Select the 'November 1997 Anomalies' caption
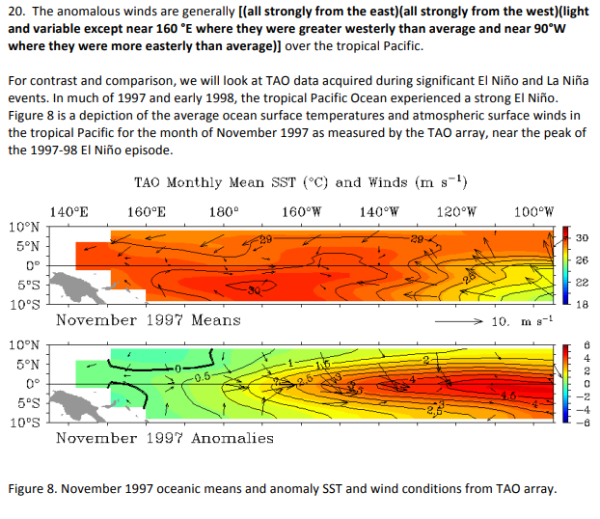pos(164,438)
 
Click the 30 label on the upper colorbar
pos(582,237)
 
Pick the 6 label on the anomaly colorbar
pos(582,344)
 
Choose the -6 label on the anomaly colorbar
pos(581,421)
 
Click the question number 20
pos(16,9)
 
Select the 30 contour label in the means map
pos(254,289)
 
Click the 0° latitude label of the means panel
pos(32,265)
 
